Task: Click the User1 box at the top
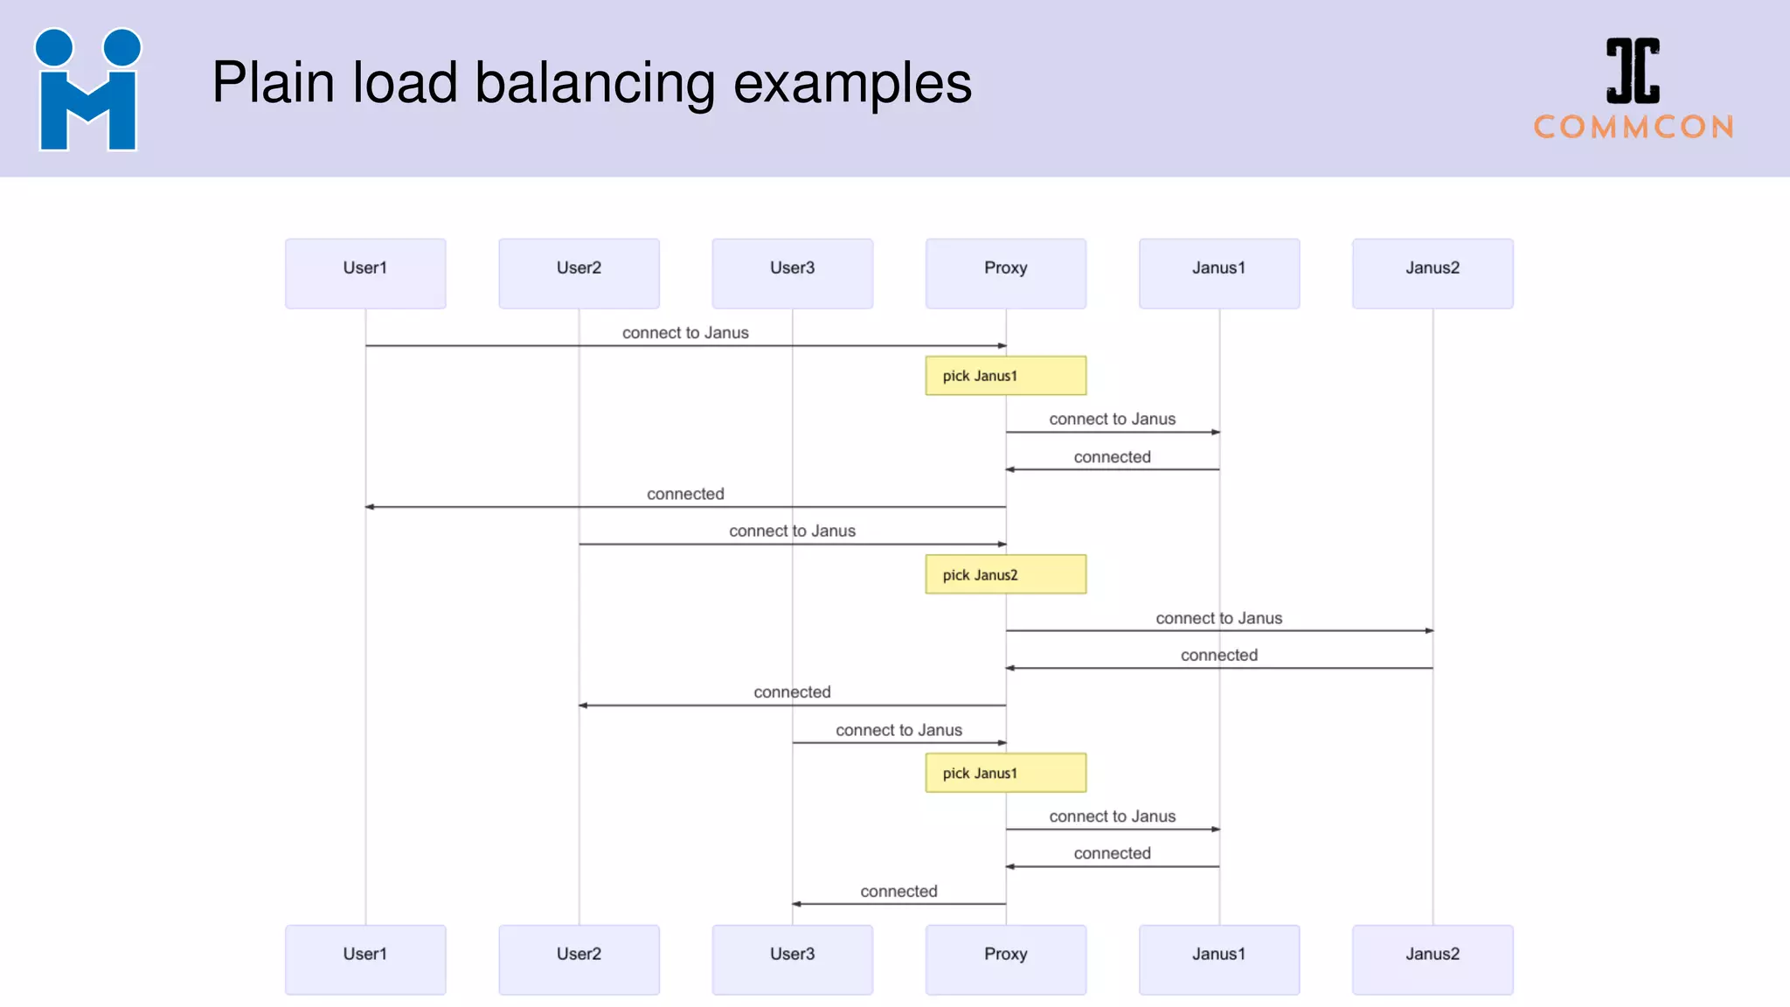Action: coord(365,273)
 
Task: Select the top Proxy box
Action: coord(1005,273)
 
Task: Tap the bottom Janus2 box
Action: coord(1432,959)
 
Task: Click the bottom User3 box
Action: coord(792,959)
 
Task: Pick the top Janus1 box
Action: coord(1218,273)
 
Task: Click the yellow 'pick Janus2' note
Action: coord(1005,574)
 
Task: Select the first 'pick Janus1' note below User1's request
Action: coord(1005,376)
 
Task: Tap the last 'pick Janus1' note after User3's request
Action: coord(1005,773)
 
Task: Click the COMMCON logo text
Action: coord(1633,128)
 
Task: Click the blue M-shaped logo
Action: coord(87,91)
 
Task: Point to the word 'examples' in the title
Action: coord(852,84)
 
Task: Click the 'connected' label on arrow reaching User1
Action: coord(685,494)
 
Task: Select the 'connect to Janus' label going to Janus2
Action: coord(1218,618)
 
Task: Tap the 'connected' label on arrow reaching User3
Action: coord(898,891)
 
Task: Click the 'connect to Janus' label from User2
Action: coord(792,531)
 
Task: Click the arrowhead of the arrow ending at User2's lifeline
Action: coord(583,705)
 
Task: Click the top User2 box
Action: coord(579,273)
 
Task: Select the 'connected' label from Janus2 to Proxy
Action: coord(1218,655)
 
